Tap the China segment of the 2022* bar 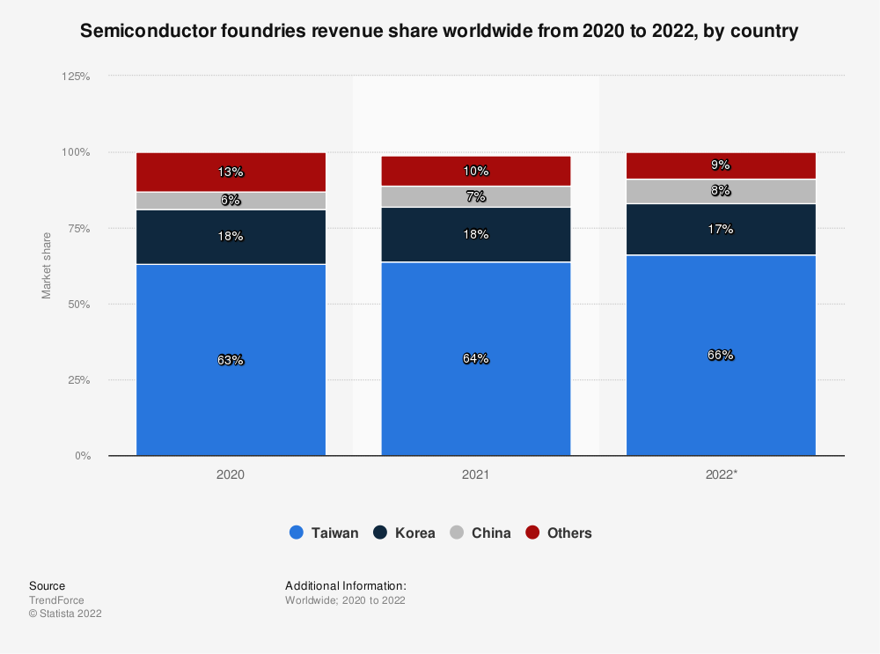[721, 191]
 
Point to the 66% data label [721, 356]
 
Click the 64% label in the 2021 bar [476, 359]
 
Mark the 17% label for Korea [721, 230]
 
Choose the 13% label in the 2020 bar [231, 173]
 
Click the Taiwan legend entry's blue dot [297, 533]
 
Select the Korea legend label [414, 533]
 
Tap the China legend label [491, 533]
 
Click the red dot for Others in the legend [532, 533]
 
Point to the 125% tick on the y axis [76, 77]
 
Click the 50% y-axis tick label [79, 305]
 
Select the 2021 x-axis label [476, 474]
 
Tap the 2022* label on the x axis [721, 474]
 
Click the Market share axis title [47, 265]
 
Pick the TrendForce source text [56, 600]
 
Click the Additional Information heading [345, 585]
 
